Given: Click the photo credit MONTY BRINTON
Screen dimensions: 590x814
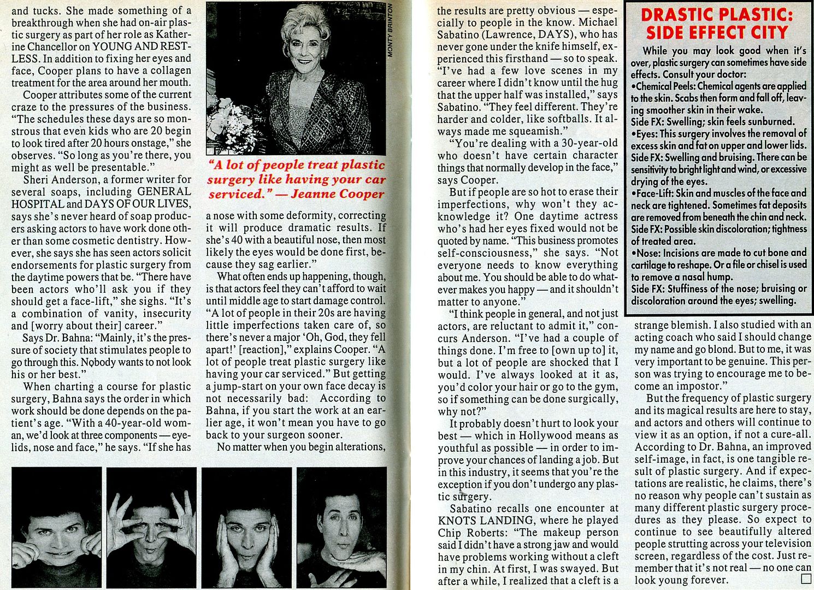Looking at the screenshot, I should pos(390,30).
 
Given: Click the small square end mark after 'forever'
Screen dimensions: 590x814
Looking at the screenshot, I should pos(806,580).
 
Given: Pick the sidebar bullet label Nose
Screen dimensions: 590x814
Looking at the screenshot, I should pos(645,253).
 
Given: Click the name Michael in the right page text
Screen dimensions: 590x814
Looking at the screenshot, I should pos(598,22).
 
